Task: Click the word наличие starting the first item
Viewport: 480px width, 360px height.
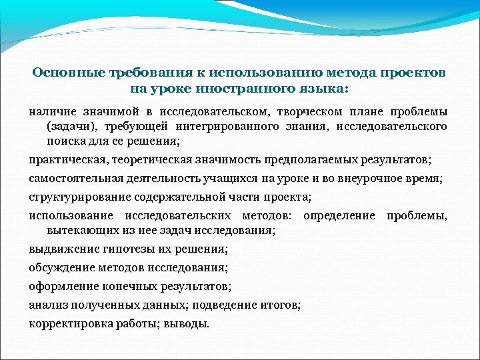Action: click(52, 111)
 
